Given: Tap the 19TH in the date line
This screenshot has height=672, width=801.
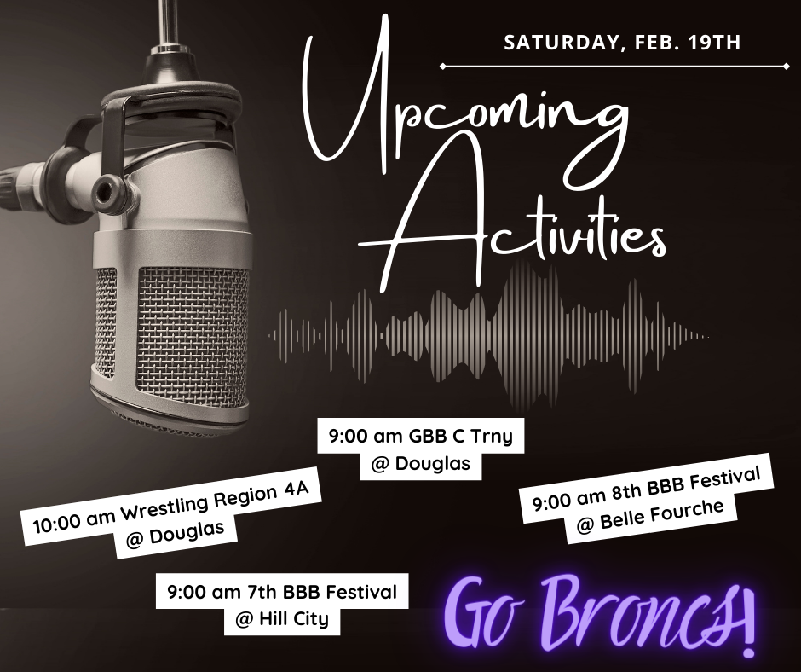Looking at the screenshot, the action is click(x=714, y=43).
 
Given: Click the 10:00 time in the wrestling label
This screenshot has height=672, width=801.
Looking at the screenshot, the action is click(x=55, y=522).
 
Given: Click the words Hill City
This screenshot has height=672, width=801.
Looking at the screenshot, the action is click(x=294, y=619).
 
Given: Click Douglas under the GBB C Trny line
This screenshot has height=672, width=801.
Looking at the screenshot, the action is click(x=433, y=463).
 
